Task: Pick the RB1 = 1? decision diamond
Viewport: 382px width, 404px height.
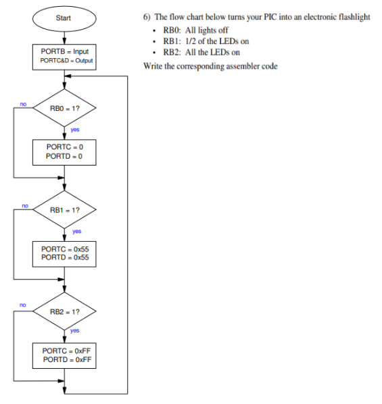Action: (x=65, y=209)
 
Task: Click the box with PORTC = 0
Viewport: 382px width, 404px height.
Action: (x=65, y=151)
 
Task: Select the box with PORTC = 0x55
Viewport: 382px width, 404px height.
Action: (x=65, y=253)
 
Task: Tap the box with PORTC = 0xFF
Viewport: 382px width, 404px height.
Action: (x=65, y=355)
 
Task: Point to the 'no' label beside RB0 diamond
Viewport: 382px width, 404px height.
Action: (x=23, y=104)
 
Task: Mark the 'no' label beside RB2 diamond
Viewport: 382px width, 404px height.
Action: (x=23, y=306)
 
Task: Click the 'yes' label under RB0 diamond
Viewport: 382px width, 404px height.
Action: (x=75, y=130)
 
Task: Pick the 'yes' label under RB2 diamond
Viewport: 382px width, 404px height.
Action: (x=75, y=331)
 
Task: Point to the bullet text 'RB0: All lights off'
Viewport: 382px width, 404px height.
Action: (x=195, y=30)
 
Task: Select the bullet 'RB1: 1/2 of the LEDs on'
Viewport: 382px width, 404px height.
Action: (x=202, y=41)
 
